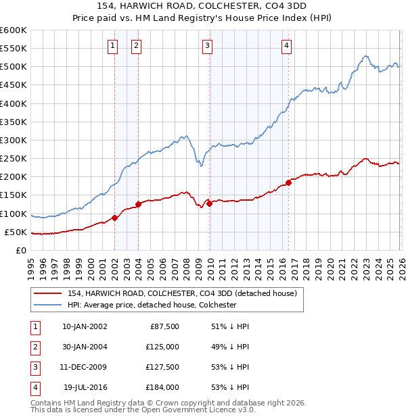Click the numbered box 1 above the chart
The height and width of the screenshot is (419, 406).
pyautogui.click(x=112, y=46)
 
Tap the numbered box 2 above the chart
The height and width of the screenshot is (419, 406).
pyautogui.click(x=136, y=46)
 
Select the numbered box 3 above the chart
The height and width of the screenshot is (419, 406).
pyautogui.click(x=207, y=46)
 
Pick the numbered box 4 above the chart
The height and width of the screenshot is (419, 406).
pyautogui.click(x=287, y=46)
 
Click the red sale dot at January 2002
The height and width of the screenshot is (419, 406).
pyautogui.click(x=114, y=218)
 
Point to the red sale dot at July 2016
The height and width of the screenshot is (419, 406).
pyautogui.click(x=288, y=182)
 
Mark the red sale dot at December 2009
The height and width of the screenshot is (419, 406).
pyautogui.click(x=209, y=203)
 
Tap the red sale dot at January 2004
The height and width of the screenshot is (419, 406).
pyautogui.click(x=139, y=204)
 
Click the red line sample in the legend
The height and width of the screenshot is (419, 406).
pyautogui.click(x=48, y=293)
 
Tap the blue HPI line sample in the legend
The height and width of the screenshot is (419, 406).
pyautogui.click(x=48, y=305)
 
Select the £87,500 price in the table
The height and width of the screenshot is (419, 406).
pyautogui.click(x=162, y=326)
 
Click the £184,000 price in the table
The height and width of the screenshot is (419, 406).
pyautogui.click(x=162, y=387)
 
